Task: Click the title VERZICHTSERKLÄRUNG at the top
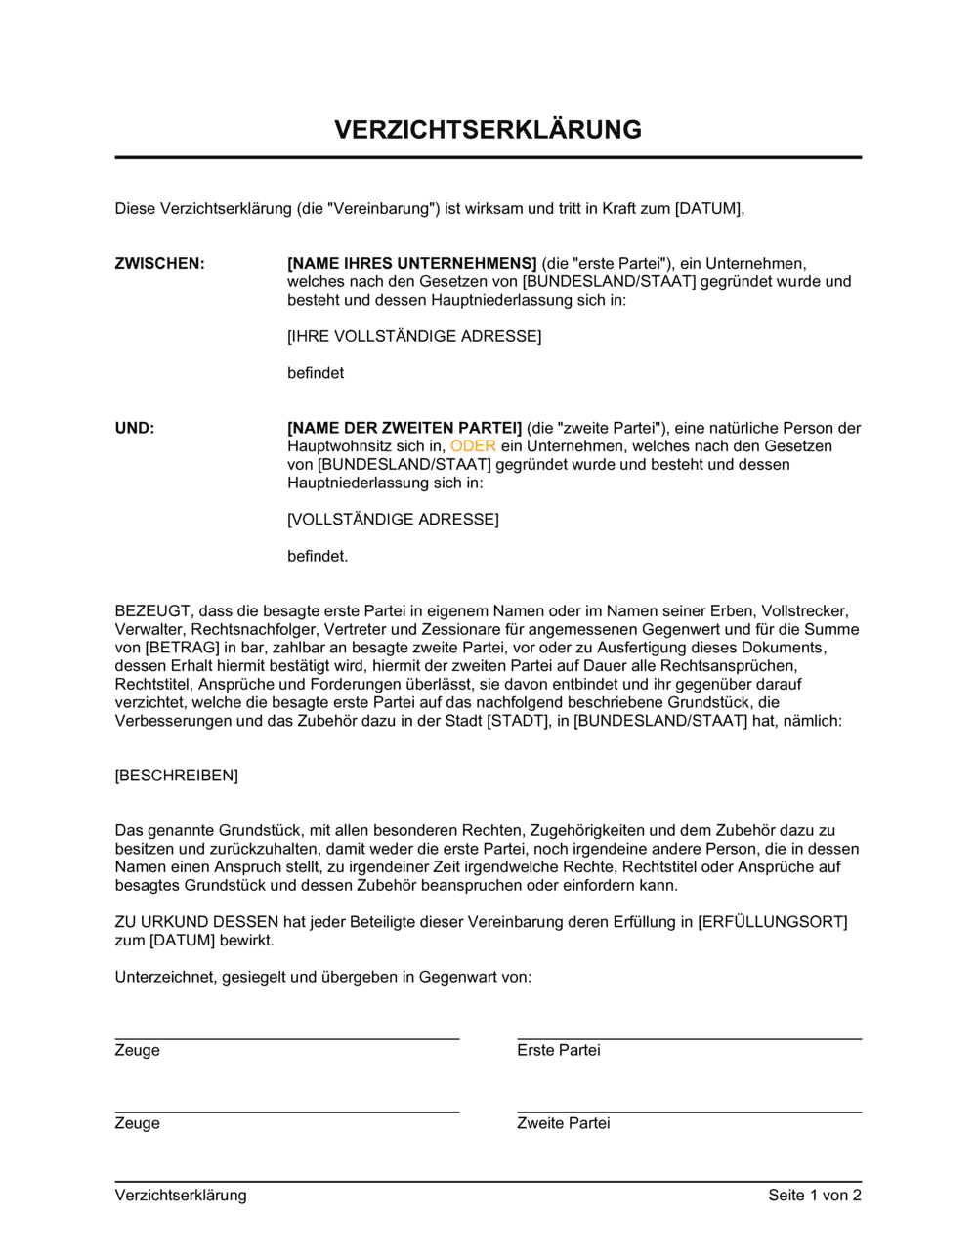[x=488, y=130]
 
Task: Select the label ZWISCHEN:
[x=159, y=264]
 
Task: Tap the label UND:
[x=135, y=428]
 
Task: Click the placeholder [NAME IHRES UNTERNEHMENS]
[x=411, y=264]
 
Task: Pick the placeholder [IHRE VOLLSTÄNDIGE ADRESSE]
[x=414, y=337]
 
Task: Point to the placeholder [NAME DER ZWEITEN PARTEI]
[x=404, y=428]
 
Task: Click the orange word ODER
[x=473, y=446]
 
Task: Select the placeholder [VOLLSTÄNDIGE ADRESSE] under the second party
[x=393, y=520]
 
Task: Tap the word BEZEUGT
[x=152, y=611]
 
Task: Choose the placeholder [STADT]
[x=517, y=721]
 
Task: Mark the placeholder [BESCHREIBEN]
[x=176, y=776]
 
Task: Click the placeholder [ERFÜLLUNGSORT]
[x=772, y=922]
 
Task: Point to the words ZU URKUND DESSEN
[x=196, y=922]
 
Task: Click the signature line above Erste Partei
[x=689, y=1039]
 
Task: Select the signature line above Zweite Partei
[x=689, y=1112]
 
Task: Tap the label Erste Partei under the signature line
[x=558, y=1051]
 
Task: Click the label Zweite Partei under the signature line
[x=563, y=1124]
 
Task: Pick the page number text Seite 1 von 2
[x=814, y=1196]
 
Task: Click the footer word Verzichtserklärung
[x=181, y=1196]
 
